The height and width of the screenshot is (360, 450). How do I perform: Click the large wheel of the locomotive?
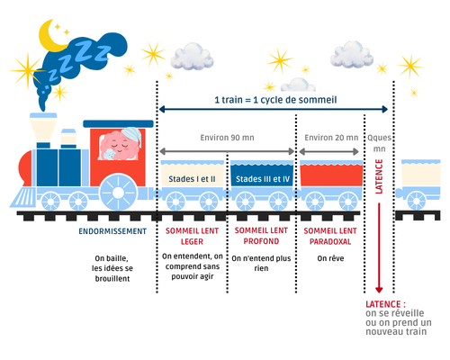[118, 193]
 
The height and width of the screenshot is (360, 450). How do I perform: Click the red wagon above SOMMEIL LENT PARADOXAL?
[331, 174]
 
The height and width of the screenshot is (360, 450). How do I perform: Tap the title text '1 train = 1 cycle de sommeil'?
[275, 100]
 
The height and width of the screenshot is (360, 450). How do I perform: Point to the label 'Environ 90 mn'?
[227, 138]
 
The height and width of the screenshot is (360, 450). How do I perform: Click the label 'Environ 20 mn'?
[331, 138]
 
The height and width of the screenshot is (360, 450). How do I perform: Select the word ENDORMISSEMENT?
[112, 231]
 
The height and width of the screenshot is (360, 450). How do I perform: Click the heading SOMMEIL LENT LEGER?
[192, 236]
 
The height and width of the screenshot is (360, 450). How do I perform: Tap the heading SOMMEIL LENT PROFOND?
[261, 236]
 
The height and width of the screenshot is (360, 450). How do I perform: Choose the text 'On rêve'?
[330, 258]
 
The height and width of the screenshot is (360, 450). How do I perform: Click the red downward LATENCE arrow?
[379, 248]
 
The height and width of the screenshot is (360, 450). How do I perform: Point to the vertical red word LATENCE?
[379, 176]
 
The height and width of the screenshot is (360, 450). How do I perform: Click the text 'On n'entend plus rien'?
[261, 263]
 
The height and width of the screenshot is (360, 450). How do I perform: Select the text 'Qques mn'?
[379, 143]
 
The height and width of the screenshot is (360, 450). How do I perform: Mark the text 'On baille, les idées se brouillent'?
[112, 268]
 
